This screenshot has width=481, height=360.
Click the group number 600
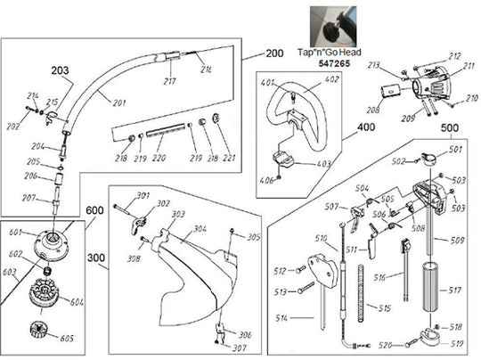pyautogui.click(x=119, y=211)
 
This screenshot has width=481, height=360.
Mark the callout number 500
pyautogui.click(x=451, y=128)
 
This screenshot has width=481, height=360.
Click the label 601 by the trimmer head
pyautogui.click(x=14, y=233)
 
